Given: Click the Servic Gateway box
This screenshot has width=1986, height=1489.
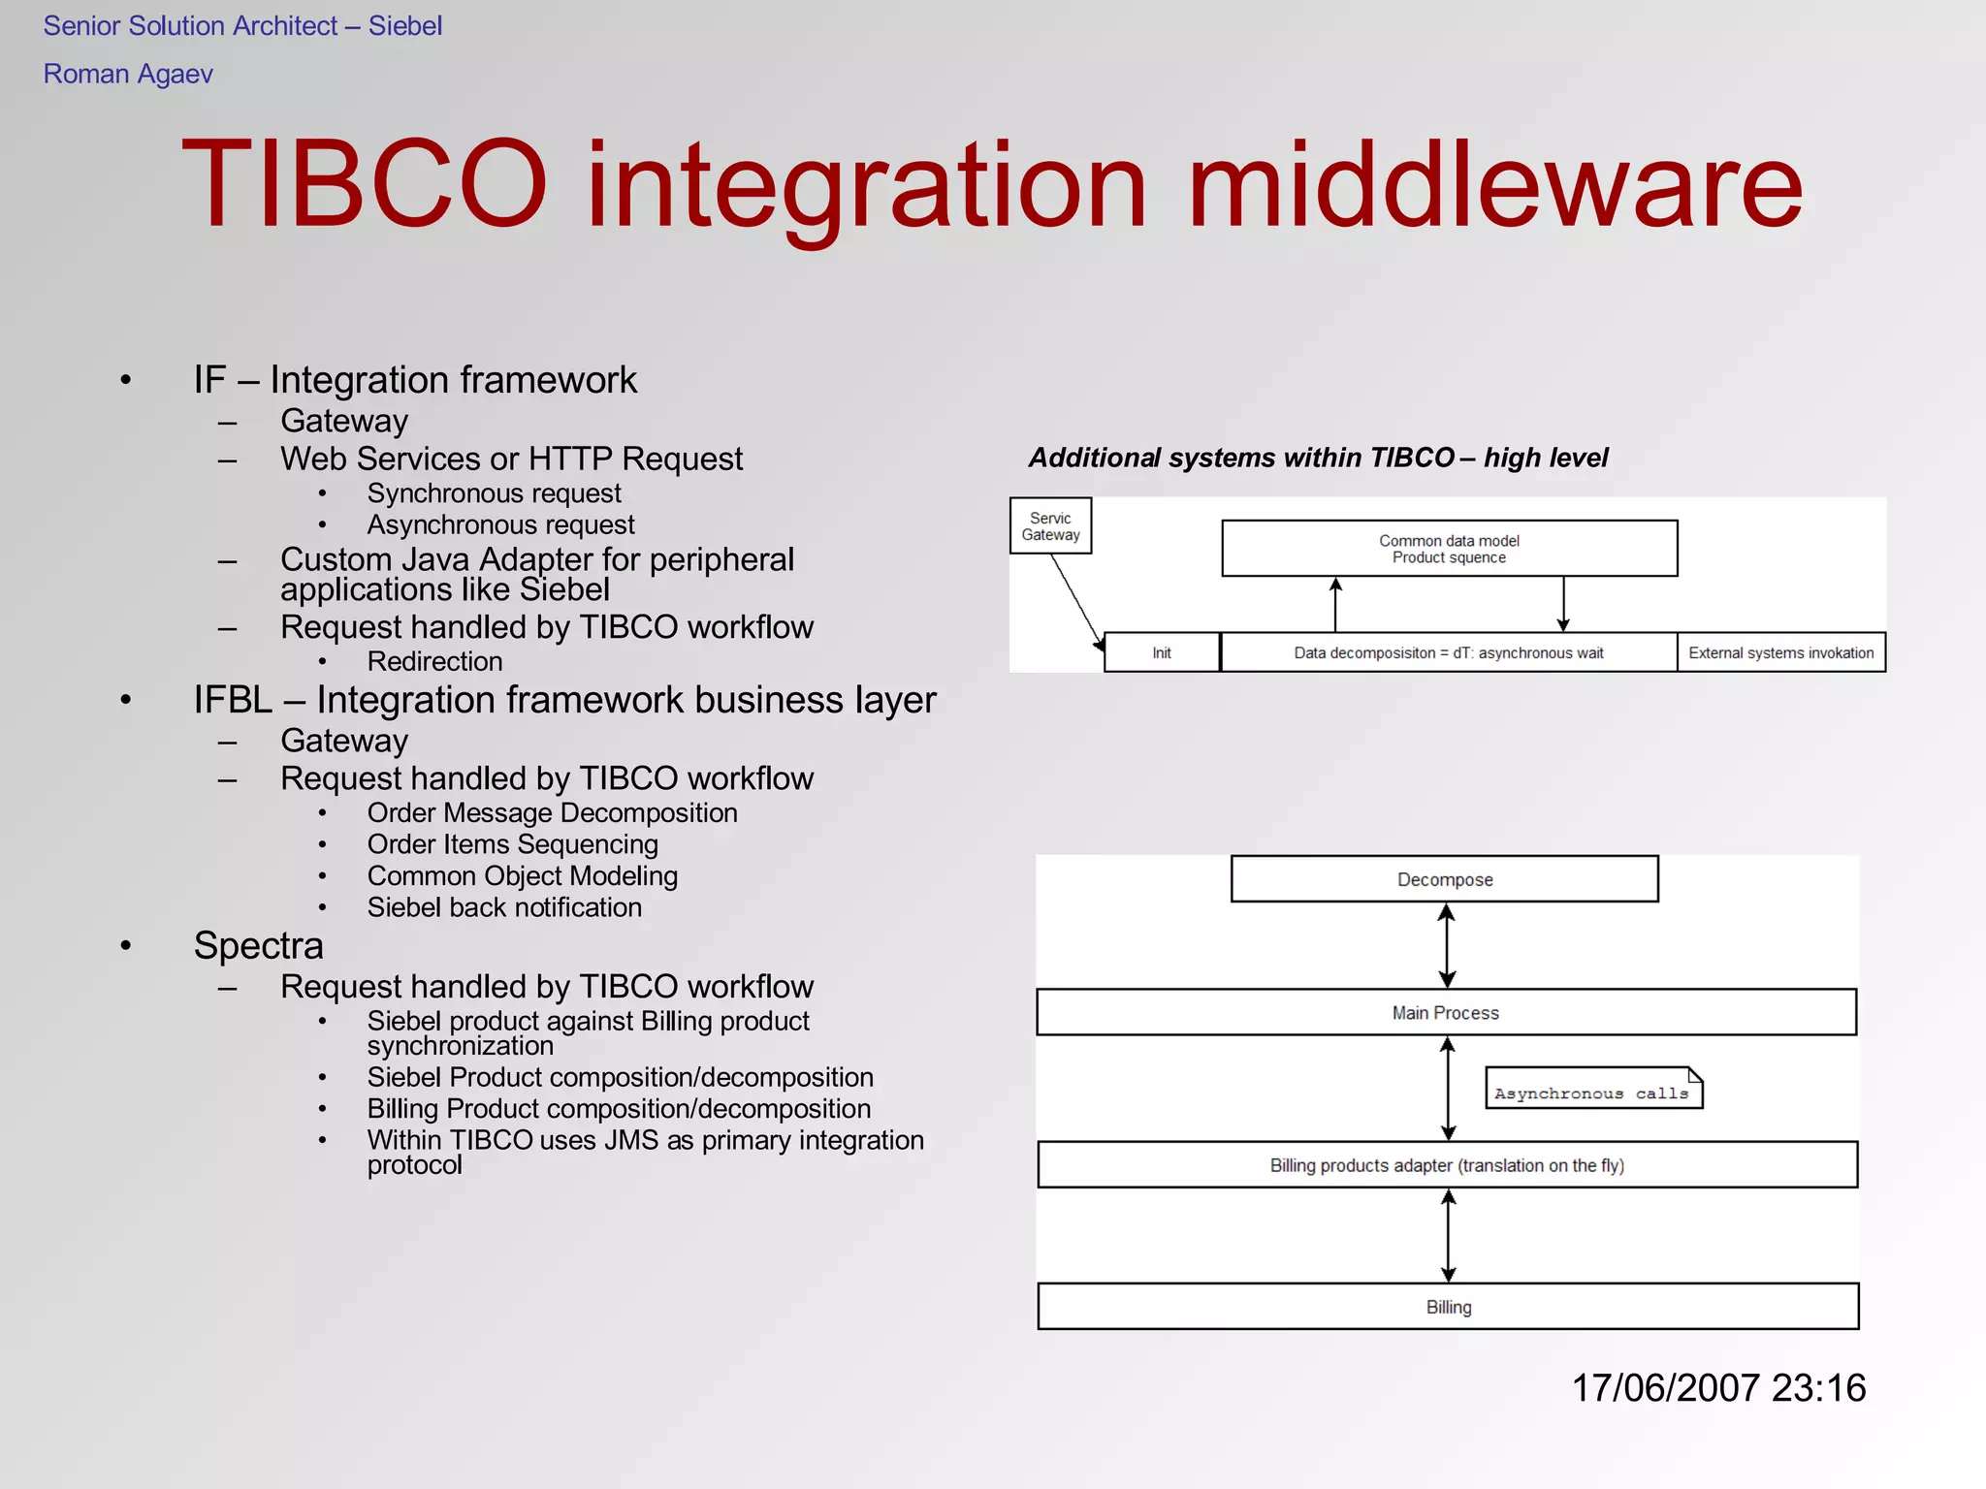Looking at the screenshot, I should click(x=1050, y=526).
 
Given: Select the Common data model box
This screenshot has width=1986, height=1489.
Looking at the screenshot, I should click(x=1449, y=549).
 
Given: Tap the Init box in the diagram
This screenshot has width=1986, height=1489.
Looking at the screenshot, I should click(x=1162, y=652).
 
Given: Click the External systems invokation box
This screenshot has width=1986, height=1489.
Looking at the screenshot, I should click(x=1781, y=652).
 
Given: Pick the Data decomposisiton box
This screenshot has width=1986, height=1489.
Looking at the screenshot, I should click(x=1449, y=652).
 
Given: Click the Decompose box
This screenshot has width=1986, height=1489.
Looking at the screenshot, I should click(x=1445, y=879).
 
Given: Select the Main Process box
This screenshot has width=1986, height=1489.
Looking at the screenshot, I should click(x=1446, y=1013).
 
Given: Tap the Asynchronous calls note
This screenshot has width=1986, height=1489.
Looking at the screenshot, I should click(x=1592, y=1090).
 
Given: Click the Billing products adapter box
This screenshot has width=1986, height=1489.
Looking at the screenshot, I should click(x=1447, y=1165).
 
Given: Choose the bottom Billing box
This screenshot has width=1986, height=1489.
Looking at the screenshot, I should click(x=1448, y=1307).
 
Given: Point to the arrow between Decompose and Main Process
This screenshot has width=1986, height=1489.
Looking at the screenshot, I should click(x=1447, y=945).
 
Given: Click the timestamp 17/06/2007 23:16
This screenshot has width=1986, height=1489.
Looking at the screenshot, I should click(x=1718, y=1388).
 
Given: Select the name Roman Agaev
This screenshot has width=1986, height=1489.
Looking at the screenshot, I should click(x=128, y=74).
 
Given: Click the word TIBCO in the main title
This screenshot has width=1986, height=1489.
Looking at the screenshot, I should click(x=364, y=184).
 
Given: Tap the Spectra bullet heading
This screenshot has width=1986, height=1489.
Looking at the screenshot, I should click(x=258, y=945).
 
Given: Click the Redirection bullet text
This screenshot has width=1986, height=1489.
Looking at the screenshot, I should click(x=434, y=661).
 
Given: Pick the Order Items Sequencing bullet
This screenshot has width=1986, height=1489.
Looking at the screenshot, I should click(x=512, y=844).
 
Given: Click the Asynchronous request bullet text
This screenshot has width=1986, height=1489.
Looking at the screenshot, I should click(x=500, y=524).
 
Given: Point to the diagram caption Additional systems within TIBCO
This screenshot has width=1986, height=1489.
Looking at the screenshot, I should click(x=1318, y=458).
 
